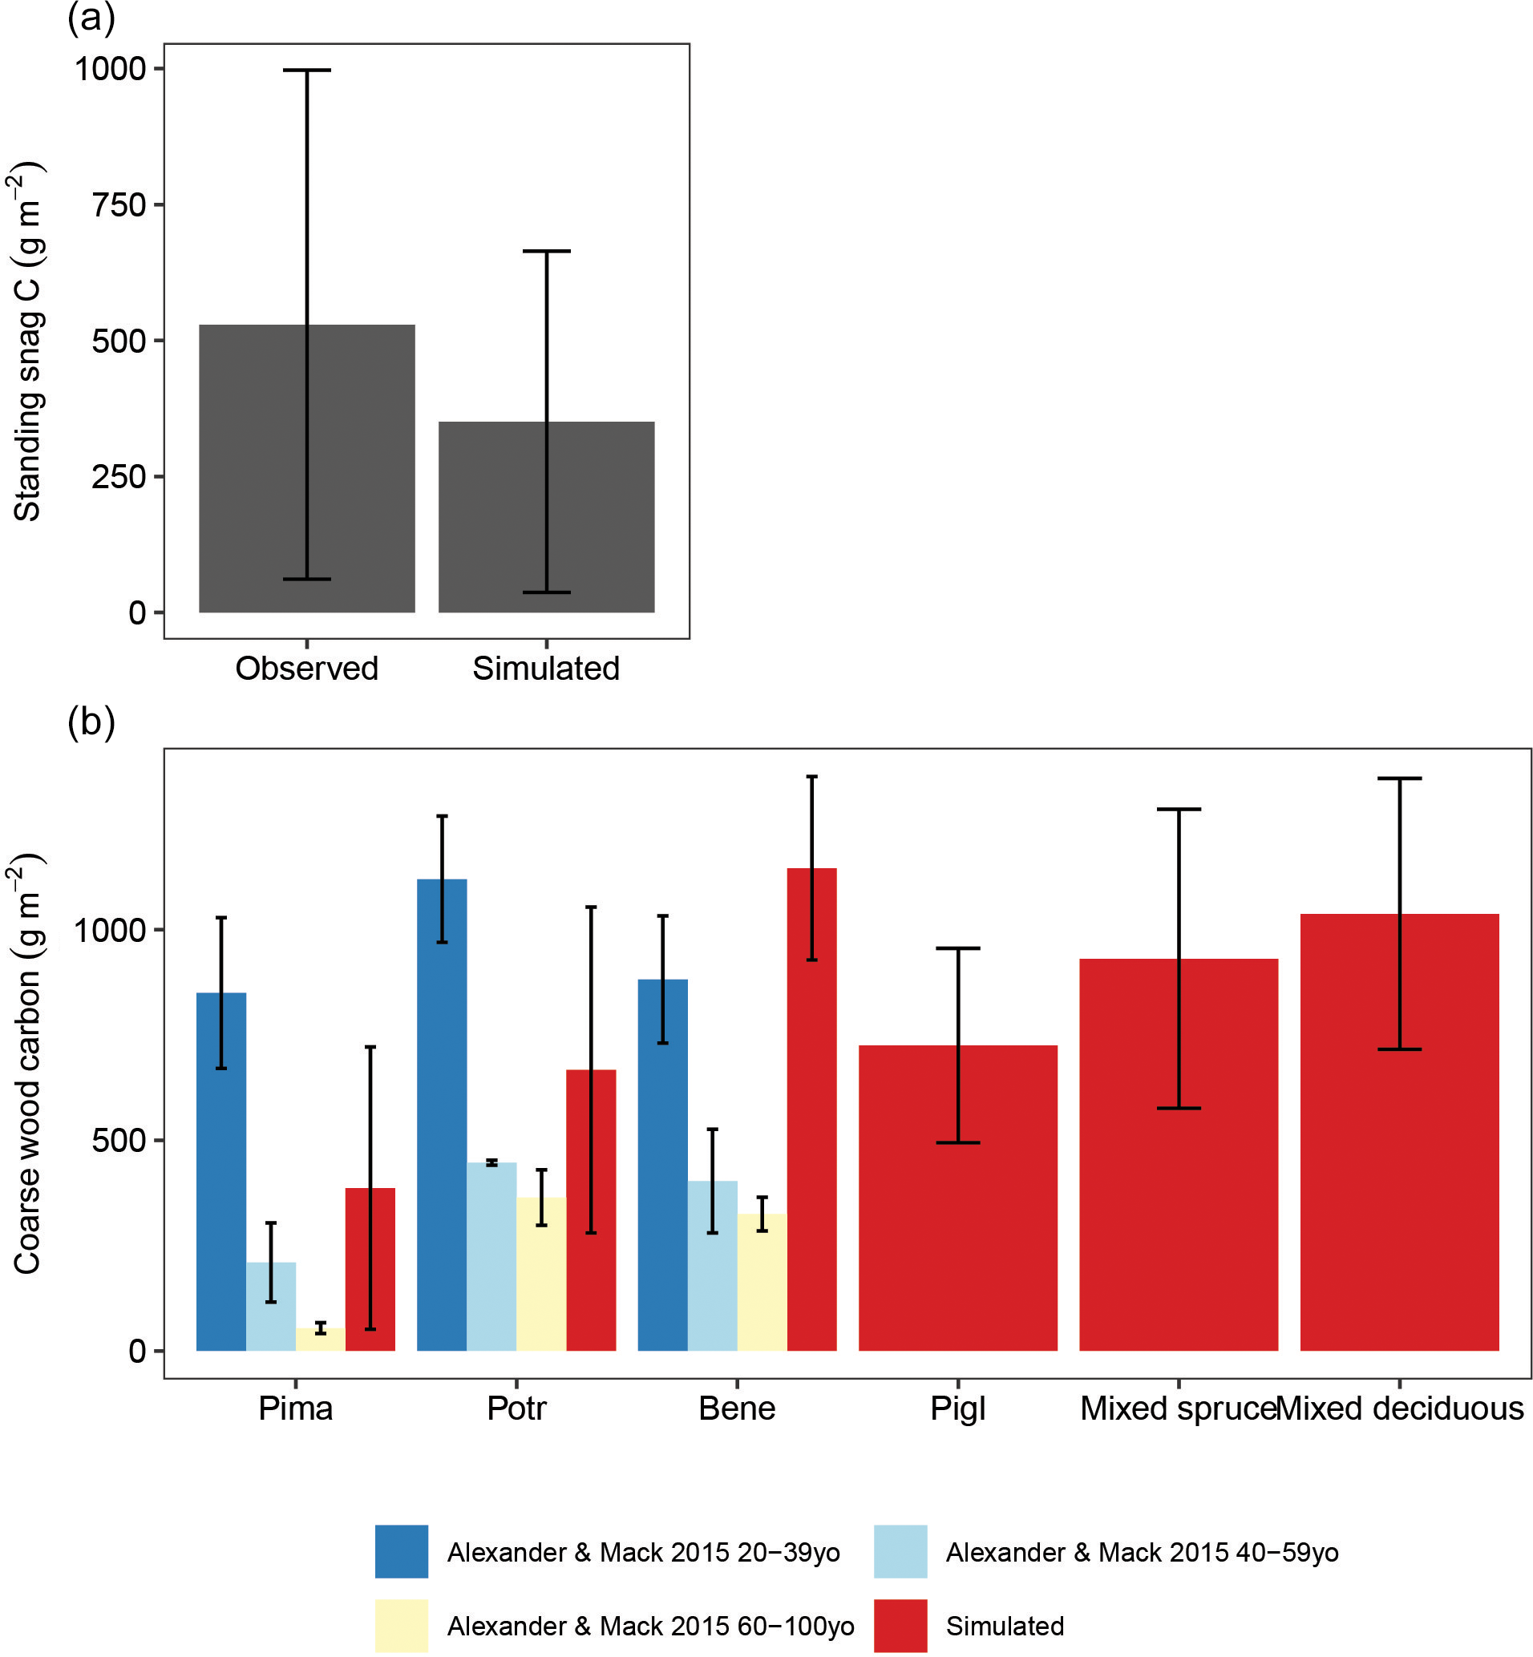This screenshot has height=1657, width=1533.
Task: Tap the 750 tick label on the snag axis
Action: point(119,205)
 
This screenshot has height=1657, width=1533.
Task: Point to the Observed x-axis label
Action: point(306,669)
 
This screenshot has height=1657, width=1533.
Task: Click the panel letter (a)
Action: point(91,18)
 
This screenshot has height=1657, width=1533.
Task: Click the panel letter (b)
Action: point(91,721)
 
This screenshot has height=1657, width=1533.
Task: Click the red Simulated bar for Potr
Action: point(591,1210)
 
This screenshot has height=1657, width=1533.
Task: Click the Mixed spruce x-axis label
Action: point(1177,1409)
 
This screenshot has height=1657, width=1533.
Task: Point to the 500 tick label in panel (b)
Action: point(119,1140)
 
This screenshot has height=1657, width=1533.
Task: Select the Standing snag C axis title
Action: point(27,341)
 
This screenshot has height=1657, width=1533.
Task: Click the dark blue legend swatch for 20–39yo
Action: point(402,1552)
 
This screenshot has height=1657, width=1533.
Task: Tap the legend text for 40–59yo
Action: point(1142,1553)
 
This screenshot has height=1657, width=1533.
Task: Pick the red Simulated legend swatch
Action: point(900,1627)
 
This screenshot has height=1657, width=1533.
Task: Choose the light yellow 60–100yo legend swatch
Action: point(402,1627)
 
